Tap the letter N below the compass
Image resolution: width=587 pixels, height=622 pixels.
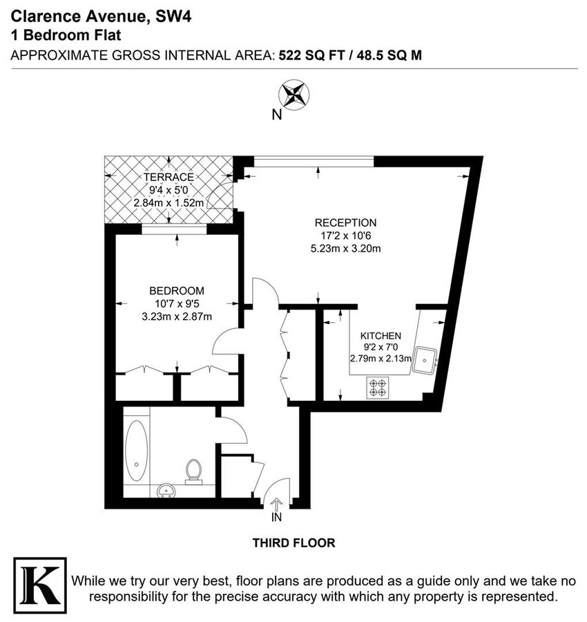[x=277, y=115]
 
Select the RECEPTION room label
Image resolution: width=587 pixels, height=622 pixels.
[x=345, y=223]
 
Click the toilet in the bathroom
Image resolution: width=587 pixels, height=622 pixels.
[x=194, y=471]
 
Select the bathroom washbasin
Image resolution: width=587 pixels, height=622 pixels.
[x=166, y=491]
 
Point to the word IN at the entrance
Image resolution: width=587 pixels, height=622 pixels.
[x=277, y=516]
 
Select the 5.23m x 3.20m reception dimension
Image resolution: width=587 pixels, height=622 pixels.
[x=345, y=249]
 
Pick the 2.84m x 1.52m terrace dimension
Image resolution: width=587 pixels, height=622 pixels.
[x=169, y=203]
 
